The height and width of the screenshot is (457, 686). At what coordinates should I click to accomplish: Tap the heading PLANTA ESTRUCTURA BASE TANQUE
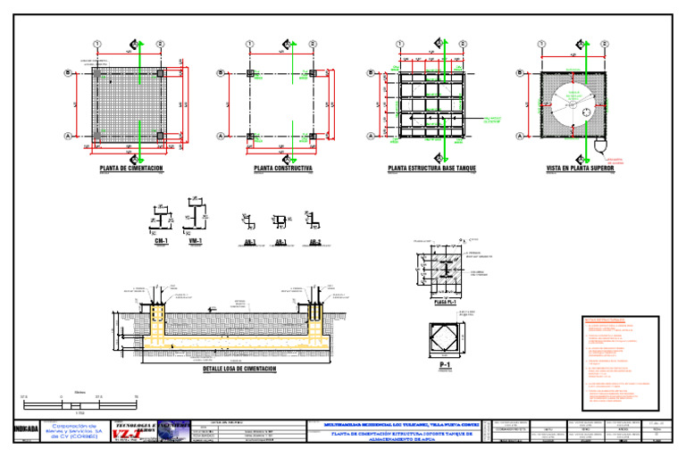(431, 168)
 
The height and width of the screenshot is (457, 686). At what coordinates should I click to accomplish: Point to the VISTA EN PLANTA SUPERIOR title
(580, 168)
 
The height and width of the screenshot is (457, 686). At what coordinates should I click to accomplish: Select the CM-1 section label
(161, 241)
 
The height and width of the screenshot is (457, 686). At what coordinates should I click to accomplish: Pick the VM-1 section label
(195, 241)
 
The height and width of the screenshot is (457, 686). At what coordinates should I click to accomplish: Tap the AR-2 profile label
(315, 242)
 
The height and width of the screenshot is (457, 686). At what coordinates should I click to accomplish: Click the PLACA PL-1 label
(445, 303)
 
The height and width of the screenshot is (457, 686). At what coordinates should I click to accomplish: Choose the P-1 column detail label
(445, 366)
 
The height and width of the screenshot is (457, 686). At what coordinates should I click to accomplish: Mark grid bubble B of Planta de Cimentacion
(68, 74)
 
